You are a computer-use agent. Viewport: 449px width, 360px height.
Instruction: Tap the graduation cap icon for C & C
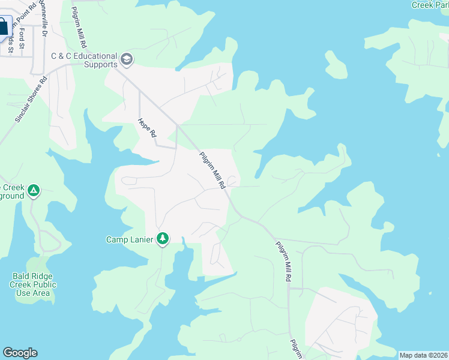[x=127, y=59]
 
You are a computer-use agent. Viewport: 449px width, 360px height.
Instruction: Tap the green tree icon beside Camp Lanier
[x=162, y=239]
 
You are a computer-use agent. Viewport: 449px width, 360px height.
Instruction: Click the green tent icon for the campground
[x=34, y=191]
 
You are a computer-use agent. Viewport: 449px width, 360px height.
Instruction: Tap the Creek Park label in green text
[x=430, y=5]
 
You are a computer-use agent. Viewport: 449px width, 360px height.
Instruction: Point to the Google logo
[x=20, y=353]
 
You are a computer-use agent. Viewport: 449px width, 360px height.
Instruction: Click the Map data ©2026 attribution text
[x=423, y=355]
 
